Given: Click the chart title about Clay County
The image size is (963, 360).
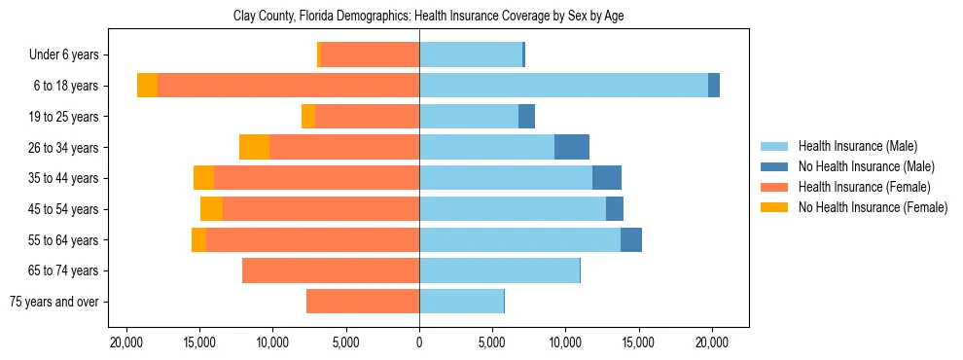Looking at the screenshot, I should (433, 17).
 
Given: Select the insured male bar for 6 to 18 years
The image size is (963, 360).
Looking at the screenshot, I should (563, 86).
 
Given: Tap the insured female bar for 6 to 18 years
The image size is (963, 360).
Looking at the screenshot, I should (288, 86).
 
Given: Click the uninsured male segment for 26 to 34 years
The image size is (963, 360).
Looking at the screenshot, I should (571, 147).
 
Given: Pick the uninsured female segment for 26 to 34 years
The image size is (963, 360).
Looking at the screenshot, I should (254, 147).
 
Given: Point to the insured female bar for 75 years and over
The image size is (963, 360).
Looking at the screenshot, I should (363, 302).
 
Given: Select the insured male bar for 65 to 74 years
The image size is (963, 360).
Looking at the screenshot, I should (499, 270).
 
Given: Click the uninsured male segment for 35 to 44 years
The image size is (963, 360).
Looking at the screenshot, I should (606, 178).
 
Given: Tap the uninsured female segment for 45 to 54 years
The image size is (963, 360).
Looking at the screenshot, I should (211, 209).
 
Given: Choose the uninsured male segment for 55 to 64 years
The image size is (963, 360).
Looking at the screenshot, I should (630, 240).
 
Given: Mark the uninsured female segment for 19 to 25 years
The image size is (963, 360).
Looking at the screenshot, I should (308, 117).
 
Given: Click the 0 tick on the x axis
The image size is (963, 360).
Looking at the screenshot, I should (419, 342).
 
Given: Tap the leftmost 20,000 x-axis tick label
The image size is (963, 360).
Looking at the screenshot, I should (126, 342).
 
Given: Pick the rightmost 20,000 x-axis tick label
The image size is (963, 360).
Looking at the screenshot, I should (712, 342).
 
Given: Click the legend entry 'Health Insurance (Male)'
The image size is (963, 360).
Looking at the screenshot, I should (857, 146).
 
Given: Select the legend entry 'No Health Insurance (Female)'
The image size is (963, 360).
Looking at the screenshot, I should (872, 207).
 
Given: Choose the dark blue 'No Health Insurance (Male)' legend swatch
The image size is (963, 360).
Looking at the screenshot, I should (775, 166).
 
